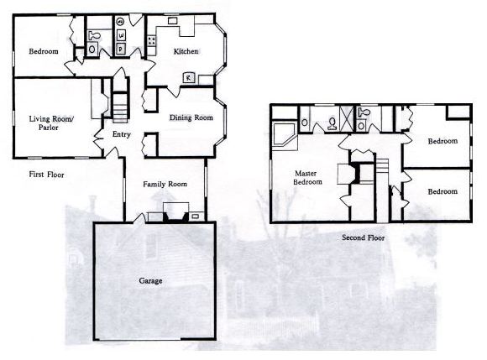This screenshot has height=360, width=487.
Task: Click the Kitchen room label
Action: point(186,51)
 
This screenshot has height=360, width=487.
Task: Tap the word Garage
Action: point(150,281)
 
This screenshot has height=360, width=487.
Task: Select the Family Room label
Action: point(165,185)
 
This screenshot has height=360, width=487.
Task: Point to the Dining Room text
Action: point(191,117)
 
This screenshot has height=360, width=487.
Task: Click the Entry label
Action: point(122,134)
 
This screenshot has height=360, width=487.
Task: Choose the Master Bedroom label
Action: point(307,178)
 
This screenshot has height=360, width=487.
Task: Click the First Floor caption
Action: point(46,175)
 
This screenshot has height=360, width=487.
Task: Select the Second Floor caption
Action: point(363,237)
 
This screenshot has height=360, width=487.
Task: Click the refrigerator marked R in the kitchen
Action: point(189,77)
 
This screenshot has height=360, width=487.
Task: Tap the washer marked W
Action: point(121,36)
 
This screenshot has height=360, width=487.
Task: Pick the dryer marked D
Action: point(121,49)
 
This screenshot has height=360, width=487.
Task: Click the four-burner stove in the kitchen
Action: point(152,40)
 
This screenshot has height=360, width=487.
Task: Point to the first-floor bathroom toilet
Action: point(94,35)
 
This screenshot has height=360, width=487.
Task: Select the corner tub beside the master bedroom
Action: point(284,135)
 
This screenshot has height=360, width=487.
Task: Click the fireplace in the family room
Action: point(176,212)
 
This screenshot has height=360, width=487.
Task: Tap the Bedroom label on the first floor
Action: point(44,51)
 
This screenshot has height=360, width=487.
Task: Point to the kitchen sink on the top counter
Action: point(172,21)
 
